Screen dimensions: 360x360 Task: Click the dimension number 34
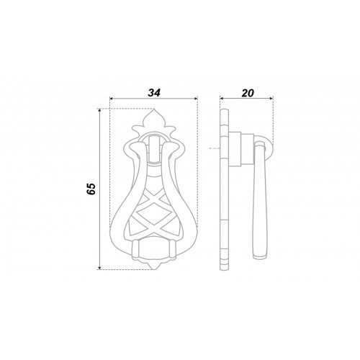pyautogui.click(x=154, y=93)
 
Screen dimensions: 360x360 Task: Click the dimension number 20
pyautogui.click(x=248, y=93)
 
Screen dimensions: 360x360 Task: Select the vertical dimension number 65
pyautogui.click(x=91, y=189)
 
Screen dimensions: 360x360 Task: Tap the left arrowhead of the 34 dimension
pyautogui.click(x=111, y=98)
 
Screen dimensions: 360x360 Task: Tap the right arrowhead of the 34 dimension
pyautogui.click(x=196, y=98)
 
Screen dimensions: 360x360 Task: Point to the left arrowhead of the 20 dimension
pyautogui.click(x=222, y=98)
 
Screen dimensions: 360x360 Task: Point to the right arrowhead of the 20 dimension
pyautogui.click(x=271, y=98)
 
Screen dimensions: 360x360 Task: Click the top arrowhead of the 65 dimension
pyautogui.click(x=99, y=110)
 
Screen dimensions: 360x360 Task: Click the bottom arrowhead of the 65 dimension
pyautogui.click(x=99, y=268)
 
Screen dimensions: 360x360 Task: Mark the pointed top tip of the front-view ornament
pyautogui.click(x=153, y=109)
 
